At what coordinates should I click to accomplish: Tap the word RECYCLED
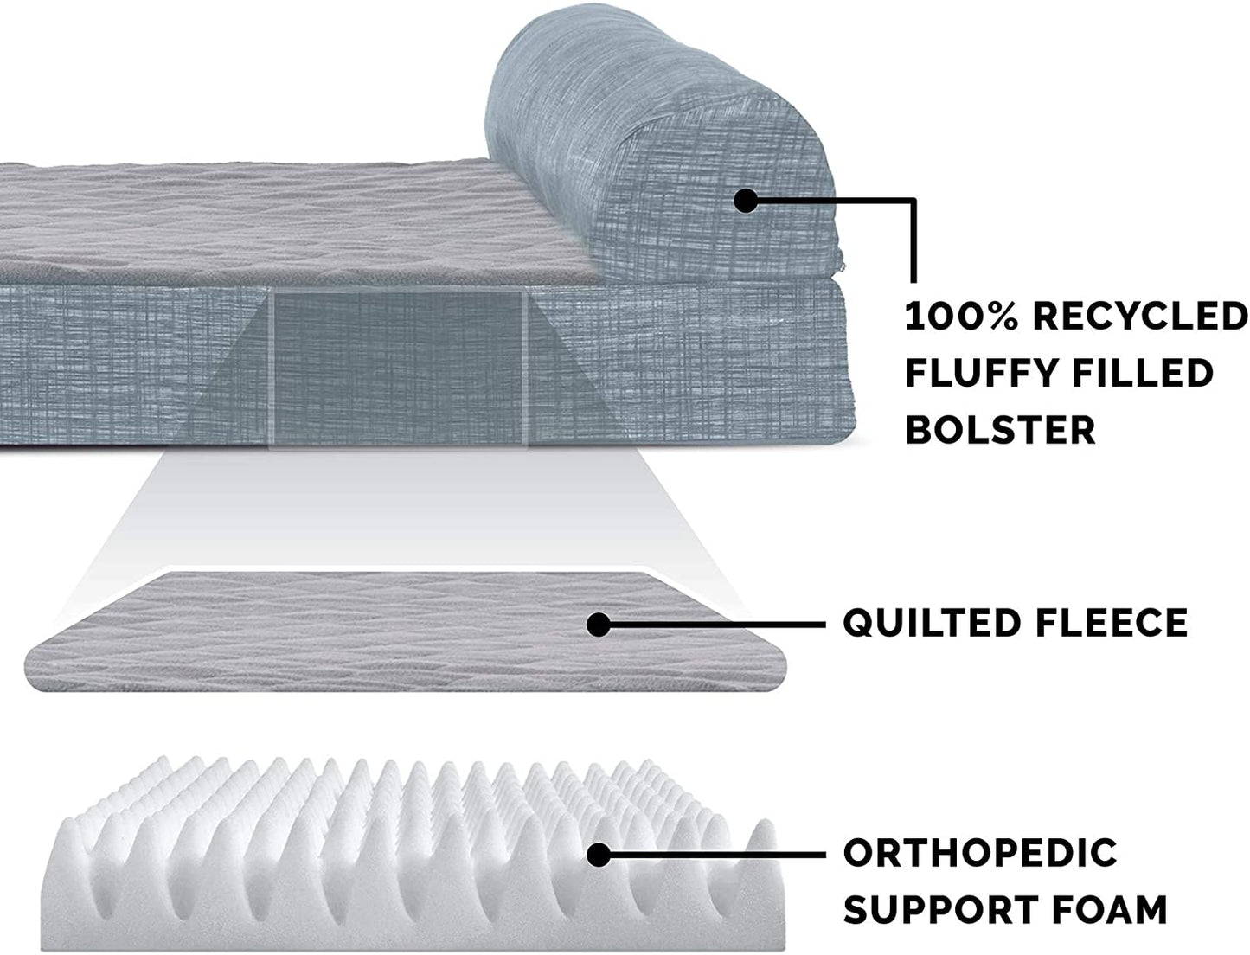1139,317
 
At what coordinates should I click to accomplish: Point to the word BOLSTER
1000,429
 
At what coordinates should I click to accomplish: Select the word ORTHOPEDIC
980,854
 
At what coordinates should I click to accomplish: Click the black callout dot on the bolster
746,201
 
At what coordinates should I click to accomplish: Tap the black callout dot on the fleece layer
598,623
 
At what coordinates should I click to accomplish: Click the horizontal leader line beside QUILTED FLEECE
718,623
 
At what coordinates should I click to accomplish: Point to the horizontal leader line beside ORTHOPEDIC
718,855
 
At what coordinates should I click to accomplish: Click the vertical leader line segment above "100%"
912,242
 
